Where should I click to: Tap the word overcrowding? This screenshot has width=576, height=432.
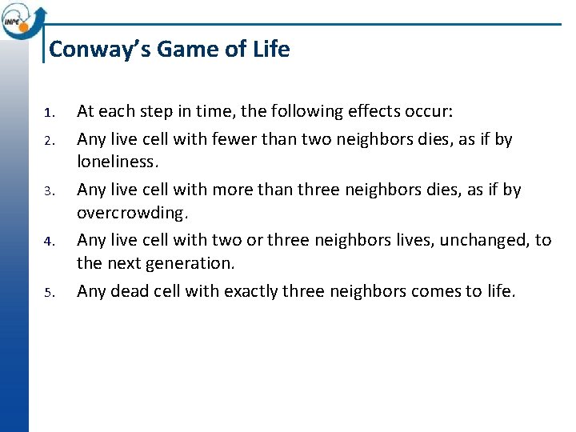[134, 213]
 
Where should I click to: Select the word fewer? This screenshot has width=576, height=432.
[234, 139]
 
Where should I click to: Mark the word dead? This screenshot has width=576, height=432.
[126, 291]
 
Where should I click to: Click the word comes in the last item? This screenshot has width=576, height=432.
[434, 291]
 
